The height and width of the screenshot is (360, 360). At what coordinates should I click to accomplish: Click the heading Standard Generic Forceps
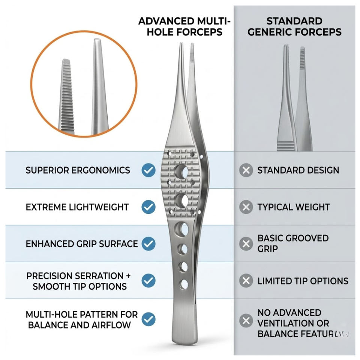click(x=295, y=26)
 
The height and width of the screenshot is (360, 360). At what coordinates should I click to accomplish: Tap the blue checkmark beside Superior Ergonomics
click(x=148, y=170)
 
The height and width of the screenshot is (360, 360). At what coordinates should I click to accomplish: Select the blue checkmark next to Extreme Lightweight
click(x=148, y=207)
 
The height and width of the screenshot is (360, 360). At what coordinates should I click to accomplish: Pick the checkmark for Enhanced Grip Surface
click(x=148, y=244)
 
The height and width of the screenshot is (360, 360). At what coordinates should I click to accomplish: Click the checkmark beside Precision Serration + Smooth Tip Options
click(x=148, y=280)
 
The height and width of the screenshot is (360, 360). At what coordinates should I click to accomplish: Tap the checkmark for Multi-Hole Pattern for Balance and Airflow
click(x=148, y=319)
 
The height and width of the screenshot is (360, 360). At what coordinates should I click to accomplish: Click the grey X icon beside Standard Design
click(x=246, y=171)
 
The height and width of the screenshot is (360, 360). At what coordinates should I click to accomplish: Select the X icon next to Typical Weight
click(x=246, y=207)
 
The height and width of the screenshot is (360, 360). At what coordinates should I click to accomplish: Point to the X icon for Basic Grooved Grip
click(x=246, y=244)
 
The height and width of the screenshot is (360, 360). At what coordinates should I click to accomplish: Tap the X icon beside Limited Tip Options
click(x=246, y=281)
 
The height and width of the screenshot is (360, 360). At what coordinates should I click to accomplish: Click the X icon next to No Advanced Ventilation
click(x=246, y=321)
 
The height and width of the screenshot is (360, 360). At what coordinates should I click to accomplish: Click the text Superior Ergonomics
click(x=78, y=170)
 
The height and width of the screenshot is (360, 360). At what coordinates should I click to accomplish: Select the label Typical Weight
click(x=294, y=207)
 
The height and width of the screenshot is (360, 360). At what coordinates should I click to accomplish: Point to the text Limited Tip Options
click(x=303, y=281)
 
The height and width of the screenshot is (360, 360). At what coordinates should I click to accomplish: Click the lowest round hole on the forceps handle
click(x=184, y=284)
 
